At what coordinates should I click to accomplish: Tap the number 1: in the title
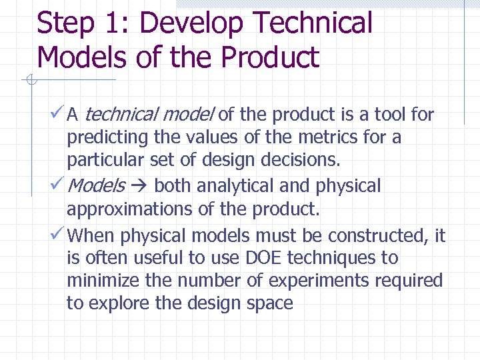click(119, 23)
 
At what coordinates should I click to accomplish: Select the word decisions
click(303, 160)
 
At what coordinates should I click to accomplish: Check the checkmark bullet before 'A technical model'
click(57, 114)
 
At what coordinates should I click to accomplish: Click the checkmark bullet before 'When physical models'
click(57, 234)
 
